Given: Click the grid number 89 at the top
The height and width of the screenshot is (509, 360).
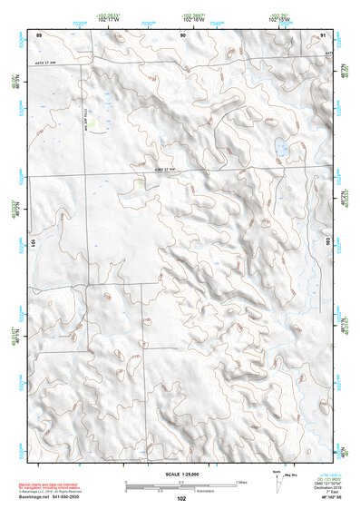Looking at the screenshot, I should coord(39,34).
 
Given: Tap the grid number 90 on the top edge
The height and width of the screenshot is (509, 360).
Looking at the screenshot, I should coord(183,34).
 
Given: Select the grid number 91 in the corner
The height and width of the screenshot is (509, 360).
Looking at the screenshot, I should coord(324,34).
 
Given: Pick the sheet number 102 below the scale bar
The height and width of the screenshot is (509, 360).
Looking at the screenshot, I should coord(180,499).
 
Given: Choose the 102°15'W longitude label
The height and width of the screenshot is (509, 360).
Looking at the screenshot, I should coord(278,18).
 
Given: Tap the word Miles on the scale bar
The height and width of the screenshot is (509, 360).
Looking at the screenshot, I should coord(241,481).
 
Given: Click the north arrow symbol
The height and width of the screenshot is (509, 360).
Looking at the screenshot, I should coord(276,478).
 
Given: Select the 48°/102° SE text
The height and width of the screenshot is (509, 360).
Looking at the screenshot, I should coord(324,499).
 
